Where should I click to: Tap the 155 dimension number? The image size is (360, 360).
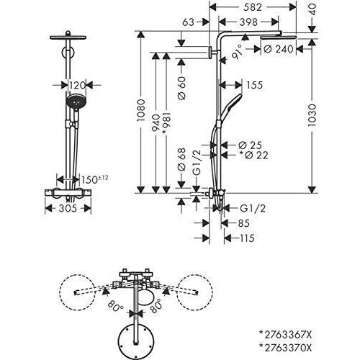[x=253, y=84]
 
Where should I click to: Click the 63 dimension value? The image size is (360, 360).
[x=189, y=23]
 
